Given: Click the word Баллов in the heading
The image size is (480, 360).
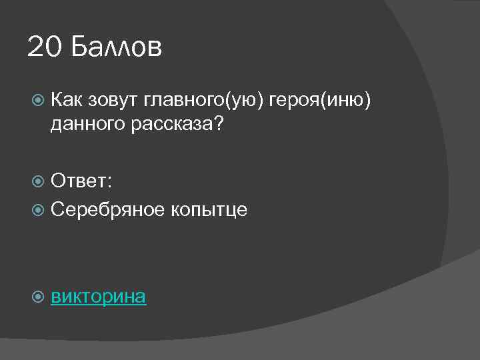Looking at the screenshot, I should click(115, 47).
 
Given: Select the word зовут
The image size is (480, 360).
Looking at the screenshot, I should click(112, 100).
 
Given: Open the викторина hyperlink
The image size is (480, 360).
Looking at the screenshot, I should click(99, 296).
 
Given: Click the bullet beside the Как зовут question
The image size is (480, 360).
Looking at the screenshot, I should click(38, 101).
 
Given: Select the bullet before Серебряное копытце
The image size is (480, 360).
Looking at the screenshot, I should click(38, 210).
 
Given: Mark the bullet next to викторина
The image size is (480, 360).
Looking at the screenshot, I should click(38, 297).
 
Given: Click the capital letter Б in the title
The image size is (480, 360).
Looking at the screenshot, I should click(79, 47).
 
